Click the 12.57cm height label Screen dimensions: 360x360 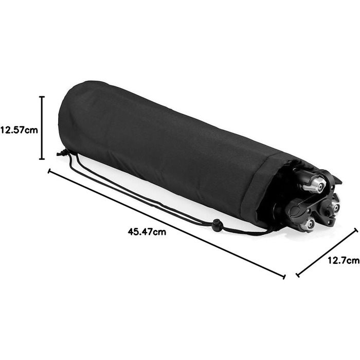click(19, 130)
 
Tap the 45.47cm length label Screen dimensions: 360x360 click(147, 231)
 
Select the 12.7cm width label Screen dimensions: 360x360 click(343, 261)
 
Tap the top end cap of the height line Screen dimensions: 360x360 click(42, 96)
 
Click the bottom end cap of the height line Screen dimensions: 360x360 click(42, 159)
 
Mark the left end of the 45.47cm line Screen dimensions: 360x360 click(49, 171)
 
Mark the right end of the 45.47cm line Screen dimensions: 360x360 click(284, 277)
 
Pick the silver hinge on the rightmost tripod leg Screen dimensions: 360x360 click(335, 207)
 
